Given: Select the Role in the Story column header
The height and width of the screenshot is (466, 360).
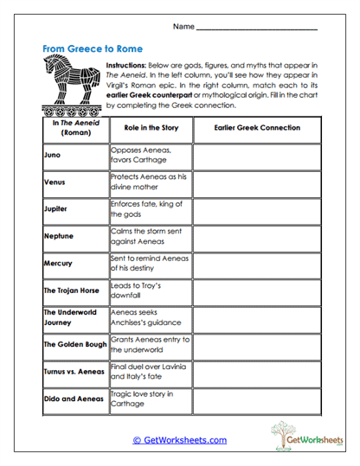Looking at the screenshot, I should click(151, 128).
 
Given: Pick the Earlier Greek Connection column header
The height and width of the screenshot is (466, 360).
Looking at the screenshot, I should click(257, 128).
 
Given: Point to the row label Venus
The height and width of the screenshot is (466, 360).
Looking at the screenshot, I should click(55, 182).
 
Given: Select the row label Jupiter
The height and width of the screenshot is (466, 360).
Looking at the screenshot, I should click(56, 209).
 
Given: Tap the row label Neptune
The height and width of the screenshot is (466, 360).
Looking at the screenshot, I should click(59, 235).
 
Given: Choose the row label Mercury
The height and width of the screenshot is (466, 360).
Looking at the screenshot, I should click(59, 263).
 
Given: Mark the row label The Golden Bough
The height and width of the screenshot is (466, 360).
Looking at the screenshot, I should click(75, 344).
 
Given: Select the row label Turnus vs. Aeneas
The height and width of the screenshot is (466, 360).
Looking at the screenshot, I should click(74, 371).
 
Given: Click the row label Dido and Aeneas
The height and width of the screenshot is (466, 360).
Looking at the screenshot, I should click(73, 399).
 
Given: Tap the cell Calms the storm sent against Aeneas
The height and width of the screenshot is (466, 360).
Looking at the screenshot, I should click(150, 236).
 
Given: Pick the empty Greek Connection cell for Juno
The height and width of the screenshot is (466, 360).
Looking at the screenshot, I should click(257, 156).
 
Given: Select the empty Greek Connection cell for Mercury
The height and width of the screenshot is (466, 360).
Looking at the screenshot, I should click(257, 263).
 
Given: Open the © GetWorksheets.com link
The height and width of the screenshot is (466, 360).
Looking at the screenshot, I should click(180, 440).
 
